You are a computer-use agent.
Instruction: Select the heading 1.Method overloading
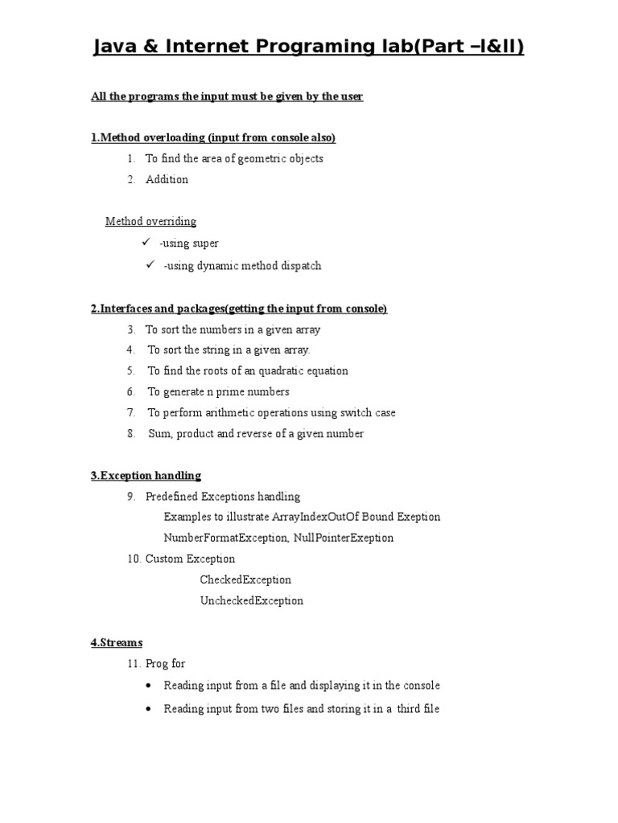(x=212, y=138)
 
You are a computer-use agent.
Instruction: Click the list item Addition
(x=167, y=179)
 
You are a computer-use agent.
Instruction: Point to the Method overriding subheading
(x=150, y=222)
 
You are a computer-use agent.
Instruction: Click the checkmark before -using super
(x=146, y=243)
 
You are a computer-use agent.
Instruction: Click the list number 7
(x=130, y=413)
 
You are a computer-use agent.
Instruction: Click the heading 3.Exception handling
(x=146, y=476)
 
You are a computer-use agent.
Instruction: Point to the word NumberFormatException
(x=223, y=538)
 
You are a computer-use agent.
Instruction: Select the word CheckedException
(x=245, y=580)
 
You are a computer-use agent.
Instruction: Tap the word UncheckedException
(x=252, y=601)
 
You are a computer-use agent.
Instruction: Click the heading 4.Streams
(x=117, y=643)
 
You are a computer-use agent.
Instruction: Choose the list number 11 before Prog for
(x=133, y=664)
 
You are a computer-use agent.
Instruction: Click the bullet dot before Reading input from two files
(x=149, y=710)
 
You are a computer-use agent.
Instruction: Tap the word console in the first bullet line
(x=421, y=686)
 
